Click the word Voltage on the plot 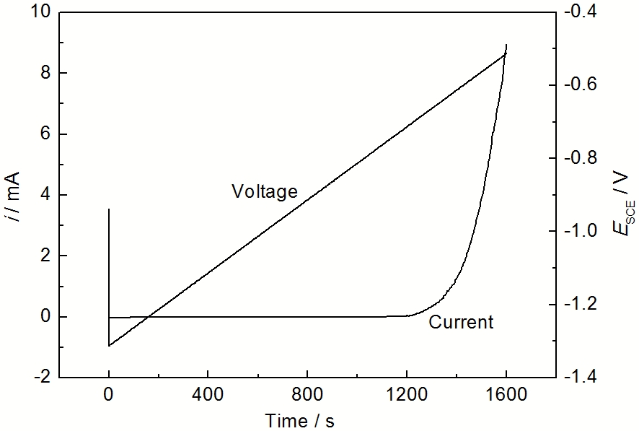(x=264, y=192)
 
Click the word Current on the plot (x=461, y=322)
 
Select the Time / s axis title (x=299, y=420)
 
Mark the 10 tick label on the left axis (x=41, y=12)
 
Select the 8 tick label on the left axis (x=45, y=73)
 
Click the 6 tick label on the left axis (x=45, y=134)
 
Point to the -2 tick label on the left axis (x=43, y=378)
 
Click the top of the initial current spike (x=109, y=209)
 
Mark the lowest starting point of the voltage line (x=109, y=346)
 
